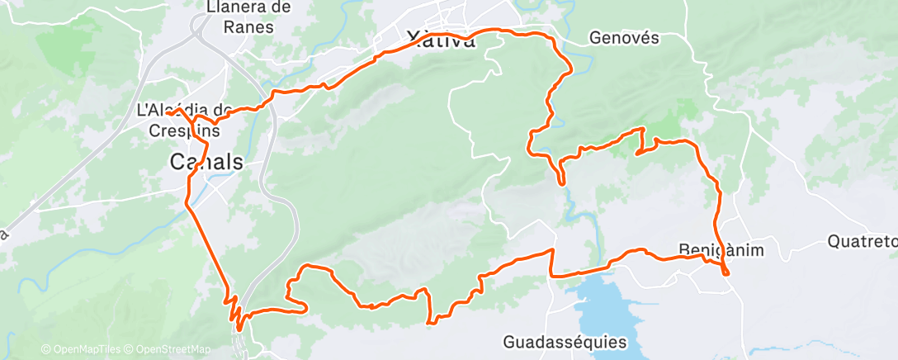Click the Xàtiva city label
(442, 40)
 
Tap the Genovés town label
(624, 37)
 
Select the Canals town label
(206, 161)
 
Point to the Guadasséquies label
(565, 341)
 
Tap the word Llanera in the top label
(238, 8)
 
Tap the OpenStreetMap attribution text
(173, 349)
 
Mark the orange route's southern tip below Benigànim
(726, 274)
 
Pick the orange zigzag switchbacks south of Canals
(236, 311)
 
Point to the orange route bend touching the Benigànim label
(706, 258)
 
